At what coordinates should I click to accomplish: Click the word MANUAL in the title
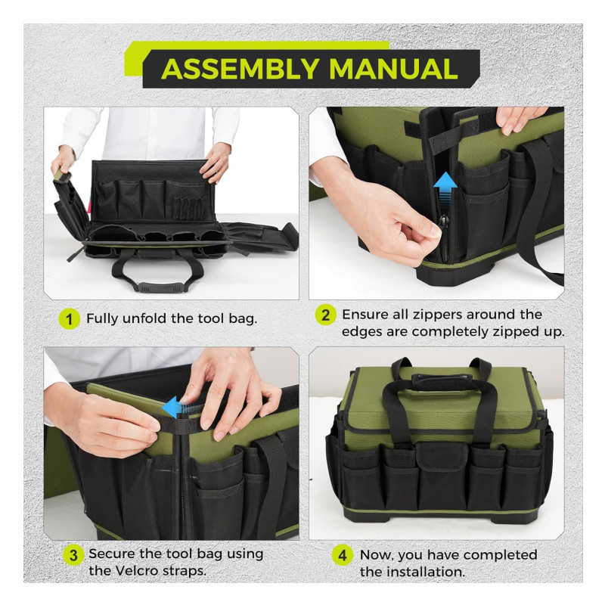point(393,69)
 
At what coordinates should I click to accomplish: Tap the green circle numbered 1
point(70,318)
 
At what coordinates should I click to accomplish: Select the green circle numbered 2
point(326,315)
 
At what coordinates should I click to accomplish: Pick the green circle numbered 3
point(73,555)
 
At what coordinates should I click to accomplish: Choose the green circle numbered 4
point(343,555)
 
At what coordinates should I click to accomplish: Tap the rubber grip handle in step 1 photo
point(160,287)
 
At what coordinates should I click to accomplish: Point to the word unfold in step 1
point(145,318)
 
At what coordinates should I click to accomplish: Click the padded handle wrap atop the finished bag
point(442,380)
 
